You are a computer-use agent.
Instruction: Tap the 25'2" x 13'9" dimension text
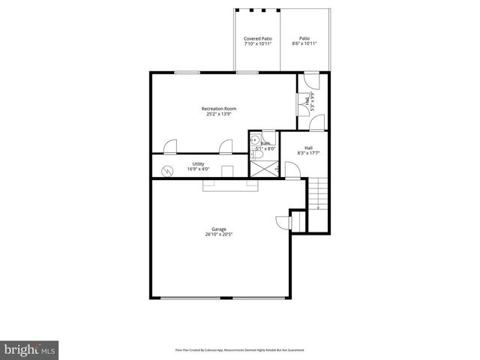(219, 115)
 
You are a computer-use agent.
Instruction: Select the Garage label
(218, 229)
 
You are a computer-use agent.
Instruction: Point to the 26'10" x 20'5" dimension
(218, 235)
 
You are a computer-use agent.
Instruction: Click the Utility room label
(198, 163)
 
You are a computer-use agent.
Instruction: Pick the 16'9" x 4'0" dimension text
(198, 169)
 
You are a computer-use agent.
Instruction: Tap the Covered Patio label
(258, 38)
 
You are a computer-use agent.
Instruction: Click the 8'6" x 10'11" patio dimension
(304, 43)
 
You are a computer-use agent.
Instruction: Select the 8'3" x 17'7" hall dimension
(309, 153)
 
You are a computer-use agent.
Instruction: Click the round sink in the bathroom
(256, 139)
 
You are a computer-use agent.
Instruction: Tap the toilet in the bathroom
(255, 154)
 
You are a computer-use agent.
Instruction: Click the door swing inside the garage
(283, 220)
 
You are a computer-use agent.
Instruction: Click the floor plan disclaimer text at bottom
(239, 349)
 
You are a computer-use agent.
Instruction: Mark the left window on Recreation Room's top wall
(187, 72)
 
